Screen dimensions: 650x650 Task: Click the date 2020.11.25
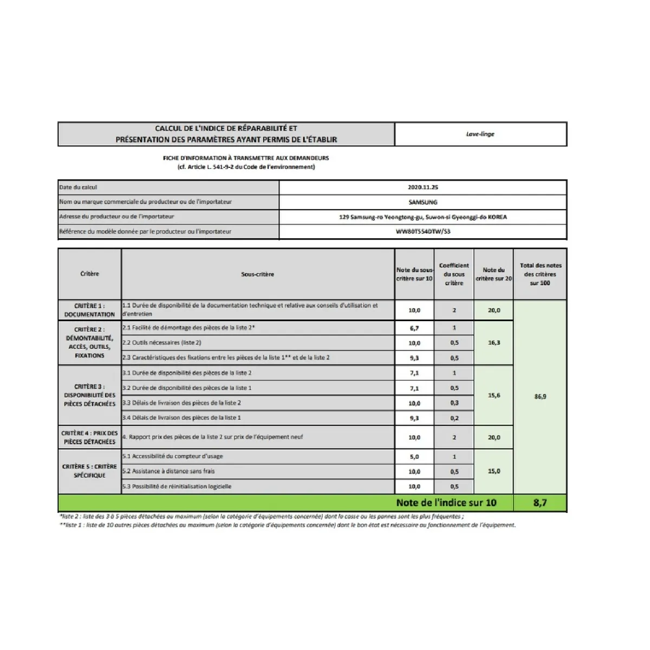[422, 187]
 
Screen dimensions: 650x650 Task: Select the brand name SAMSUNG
[422, 202]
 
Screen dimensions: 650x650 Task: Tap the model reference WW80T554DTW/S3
[423, 231]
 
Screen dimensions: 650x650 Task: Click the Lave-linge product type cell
[480, 134]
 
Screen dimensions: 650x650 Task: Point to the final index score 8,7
[540, 503]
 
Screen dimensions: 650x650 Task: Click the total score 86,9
[540, 396]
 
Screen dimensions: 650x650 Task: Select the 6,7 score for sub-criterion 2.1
[414, 328]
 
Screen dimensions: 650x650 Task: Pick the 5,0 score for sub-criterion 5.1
[414, 457]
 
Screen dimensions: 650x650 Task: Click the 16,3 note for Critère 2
[494, 343]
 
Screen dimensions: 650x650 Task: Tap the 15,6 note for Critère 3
[494, 395]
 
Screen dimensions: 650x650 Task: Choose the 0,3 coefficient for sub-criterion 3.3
[454, 403]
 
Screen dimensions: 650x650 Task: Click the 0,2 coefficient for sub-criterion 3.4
[454, 418]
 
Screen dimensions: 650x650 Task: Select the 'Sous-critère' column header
[257, 274]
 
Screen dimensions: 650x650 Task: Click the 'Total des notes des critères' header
[540, 274]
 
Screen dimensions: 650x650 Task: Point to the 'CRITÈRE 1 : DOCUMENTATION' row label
[89, 310]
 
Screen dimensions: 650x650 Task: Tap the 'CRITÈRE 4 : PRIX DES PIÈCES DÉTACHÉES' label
[89, 437]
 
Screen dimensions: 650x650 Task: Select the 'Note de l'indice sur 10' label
[446, 503]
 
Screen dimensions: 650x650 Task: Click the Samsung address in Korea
[422, 217]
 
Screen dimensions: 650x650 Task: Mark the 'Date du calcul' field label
[79, 187]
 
